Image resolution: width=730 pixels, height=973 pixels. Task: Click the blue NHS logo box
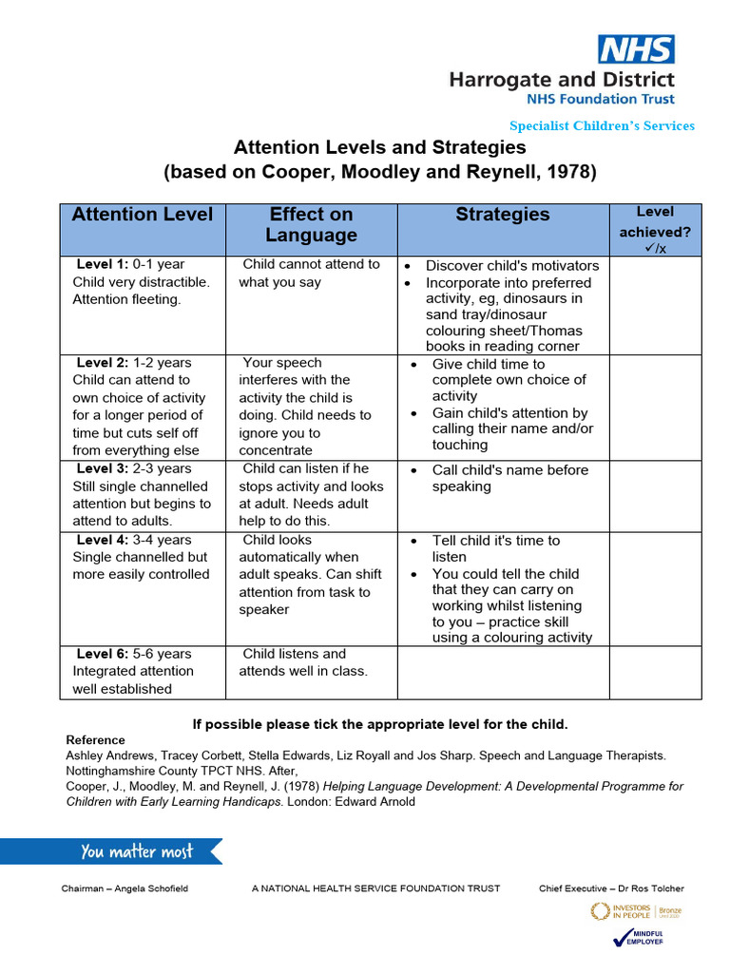point(636,49)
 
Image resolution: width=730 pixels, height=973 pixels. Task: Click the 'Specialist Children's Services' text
point(602,125)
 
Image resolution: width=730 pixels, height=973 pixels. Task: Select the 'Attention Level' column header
point(143,215)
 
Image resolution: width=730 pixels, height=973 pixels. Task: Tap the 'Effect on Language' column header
point(311,225)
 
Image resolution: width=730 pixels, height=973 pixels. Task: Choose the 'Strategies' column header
point(502,215)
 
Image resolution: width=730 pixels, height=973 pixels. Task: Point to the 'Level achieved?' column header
point(655,230)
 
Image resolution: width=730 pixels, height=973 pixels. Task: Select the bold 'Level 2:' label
point(103,363)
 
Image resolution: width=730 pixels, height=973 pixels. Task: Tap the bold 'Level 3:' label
point(103,469)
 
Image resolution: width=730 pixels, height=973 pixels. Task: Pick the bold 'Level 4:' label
point(103,541)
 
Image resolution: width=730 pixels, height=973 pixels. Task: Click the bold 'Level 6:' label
point(103,654)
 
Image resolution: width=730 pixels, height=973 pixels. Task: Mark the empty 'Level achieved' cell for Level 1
point(655,305)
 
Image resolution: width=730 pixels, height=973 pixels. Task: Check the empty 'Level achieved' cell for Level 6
point(655,672)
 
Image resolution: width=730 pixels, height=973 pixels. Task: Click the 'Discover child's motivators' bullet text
point(511,266)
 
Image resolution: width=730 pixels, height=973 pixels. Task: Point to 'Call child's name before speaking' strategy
point(509,478)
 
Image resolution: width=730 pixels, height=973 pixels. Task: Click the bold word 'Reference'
point(95,740)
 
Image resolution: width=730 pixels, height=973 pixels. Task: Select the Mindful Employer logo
point(639,937)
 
